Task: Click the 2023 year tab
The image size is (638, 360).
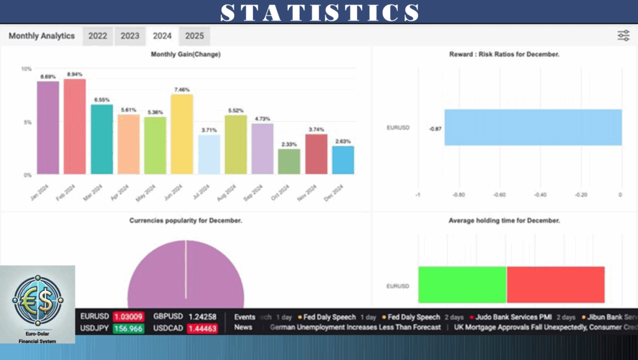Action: tap(130, 36)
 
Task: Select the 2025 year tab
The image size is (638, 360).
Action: tap(194, 36)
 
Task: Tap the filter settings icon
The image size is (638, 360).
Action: tap(623, 36)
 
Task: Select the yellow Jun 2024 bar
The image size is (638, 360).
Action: tap(182, 134)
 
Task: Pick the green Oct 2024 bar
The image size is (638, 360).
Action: tap(288, 161)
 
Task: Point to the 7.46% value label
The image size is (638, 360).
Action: tap(181, 89)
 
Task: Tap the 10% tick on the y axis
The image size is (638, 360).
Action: tap(26, 69)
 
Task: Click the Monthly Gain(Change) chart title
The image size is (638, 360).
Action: tap(186, 55)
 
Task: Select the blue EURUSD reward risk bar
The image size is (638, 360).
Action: tap(533, 128)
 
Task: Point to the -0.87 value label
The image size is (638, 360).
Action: tap(436, 128)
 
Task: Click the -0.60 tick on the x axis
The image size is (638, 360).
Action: tap(499, 195)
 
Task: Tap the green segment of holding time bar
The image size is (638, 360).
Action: tap(462, 285)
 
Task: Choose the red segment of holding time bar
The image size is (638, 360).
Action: tap(555, 285)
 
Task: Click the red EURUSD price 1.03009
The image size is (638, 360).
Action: tap(129, 316)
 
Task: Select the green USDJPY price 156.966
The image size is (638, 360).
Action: tap(128, 328)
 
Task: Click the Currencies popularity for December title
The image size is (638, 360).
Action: tap(186, 220)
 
